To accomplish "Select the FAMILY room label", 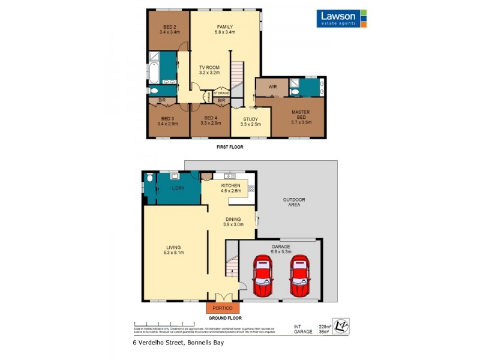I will pos(224,29).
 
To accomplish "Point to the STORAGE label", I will pos(221,93).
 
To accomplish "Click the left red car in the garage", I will pos(263,277).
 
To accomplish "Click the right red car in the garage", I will pos(301,277).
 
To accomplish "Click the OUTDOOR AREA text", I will pos(295,202).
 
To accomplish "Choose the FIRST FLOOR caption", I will pos(230,146).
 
